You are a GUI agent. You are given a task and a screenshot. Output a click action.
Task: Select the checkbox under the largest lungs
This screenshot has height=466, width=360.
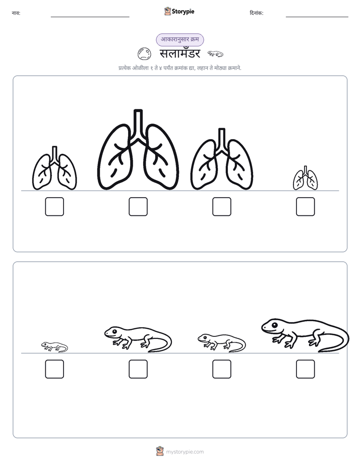click(138, 207)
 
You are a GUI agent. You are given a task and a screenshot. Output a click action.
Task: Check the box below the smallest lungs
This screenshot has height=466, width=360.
click(306, 207)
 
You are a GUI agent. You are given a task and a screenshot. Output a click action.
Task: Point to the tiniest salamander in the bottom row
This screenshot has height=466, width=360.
click(54, 347)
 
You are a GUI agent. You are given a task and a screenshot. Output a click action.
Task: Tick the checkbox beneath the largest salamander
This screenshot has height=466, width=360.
click(306, 369)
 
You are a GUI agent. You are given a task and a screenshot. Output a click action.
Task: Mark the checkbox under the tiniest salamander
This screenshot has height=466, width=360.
click(54, 369)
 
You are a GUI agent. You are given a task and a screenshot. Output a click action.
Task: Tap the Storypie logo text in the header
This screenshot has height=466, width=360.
click(183, 12)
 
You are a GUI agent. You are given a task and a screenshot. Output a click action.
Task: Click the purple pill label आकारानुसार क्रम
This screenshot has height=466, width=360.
click(180, 39)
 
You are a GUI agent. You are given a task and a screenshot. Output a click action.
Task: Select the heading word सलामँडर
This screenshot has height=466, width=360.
click(180, 54)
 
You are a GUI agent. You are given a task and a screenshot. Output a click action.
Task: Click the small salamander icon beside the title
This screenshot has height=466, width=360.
click(215, 54)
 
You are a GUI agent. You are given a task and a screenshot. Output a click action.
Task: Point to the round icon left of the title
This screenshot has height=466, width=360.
click(144, 54)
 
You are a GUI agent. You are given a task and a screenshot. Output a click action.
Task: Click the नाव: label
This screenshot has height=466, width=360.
click(16, 13)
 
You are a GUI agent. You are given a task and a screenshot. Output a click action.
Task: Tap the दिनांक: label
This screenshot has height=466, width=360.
click(257, 13)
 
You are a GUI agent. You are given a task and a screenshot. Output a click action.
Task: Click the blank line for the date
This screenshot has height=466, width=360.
click(317, 17)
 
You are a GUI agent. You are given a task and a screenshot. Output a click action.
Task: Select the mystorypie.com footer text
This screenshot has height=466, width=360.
click(185, 452)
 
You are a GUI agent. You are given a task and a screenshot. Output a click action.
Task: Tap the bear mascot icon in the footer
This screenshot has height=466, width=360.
click(160, 451)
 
